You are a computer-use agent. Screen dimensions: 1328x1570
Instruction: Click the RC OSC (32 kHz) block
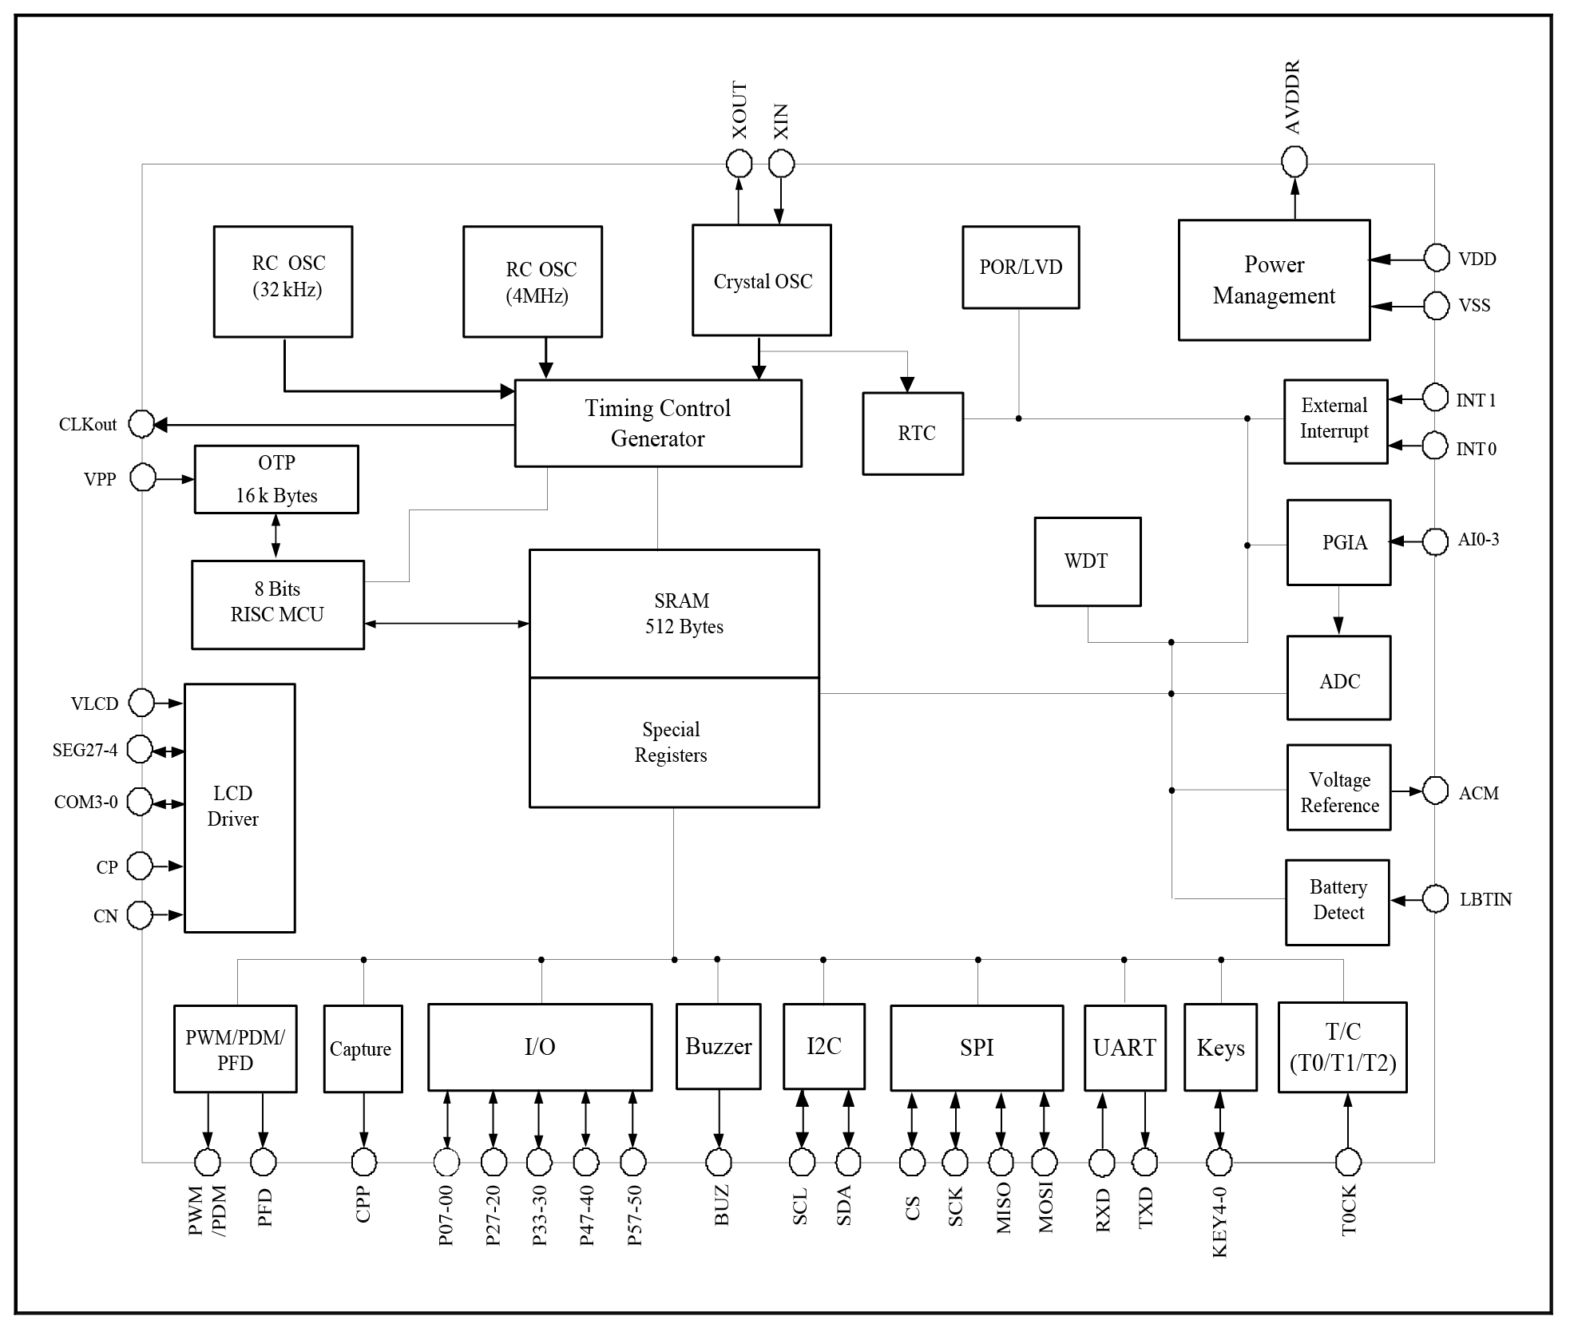pyautogui.click(x=283, y=281)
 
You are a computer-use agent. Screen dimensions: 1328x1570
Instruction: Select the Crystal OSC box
pyautogui.click(x=761, y=280)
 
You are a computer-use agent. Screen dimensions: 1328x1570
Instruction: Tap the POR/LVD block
pyautogui.click(x=1021, y=268)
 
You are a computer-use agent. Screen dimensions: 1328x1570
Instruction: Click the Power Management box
pyautogui.click(x=1274, y=280)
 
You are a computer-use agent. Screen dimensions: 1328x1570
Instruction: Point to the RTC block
pyautogui.click(x=913, y=434)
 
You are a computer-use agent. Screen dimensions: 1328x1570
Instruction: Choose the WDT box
pyautogui.click(x=1087, y=561)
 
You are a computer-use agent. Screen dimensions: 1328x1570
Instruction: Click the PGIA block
pyautogui.click(x=1338, y=543)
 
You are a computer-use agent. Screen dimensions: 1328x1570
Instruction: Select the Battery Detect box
pyautogui.click(x=1337, y=902)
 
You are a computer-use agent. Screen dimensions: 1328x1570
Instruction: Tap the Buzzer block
pyautogui.click(x=718, y=1046)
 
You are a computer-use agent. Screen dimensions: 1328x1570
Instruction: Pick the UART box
pyautogui.click(x=1124, y=1048)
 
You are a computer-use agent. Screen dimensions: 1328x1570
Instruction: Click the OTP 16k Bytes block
pyautogui.click(x=276, y=479)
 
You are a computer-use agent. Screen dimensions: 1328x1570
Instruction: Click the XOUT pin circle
pyautogui.click(x=739, y=165)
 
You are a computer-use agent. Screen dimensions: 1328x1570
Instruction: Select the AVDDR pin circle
pyautogui.click(x=1294, y=162)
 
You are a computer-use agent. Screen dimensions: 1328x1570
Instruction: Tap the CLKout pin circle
pyautogui.click(x=141, y=424)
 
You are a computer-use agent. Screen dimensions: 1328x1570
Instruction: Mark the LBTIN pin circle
pyautogui.click(x=1435, y=899)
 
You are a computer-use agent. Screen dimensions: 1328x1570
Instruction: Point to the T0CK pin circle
pyautogui.click(x=1348, y=1162)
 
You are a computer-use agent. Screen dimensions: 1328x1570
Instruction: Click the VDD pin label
pyautogui.click(x=1477, y=259)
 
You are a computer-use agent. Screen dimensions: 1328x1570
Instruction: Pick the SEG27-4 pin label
pyautogui.click(x=85, y=751)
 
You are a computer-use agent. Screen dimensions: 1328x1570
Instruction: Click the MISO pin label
pyautogui.click(x=1003, y=1207)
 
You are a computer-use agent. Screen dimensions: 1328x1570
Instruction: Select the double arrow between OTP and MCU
pyautogui.click(x=276, y=535)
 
